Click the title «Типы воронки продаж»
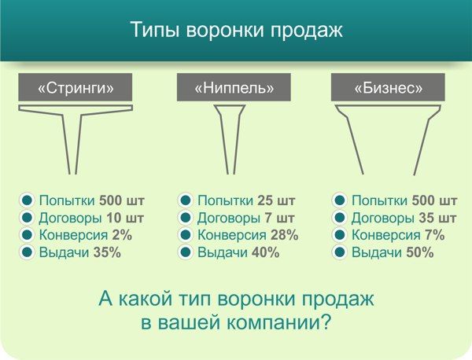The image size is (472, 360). (237, 30)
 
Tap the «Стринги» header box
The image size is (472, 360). (76, 87)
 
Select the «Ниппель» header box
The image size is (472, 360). (234, 87)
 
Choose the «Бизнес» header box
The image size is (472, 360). (388, 87)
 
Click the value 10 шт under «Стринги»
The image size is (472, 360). (125, 218)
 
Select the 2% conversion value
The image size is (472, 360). (122, 235)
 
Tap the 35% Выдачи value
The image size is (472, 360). (107, 252)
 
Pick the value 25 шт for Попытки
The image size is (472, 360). (276, 200)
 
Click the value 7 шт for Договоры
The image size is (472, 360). (279, 218)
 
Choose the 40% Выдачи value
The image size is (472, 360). (266, 252)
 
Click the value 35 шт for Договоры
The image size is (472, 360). (437, 218)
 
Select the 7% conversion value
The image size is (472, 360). (435, 235)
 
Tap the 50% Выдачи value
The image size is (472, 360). (420, 252)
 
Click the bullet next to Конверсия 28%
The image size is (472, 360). (185, 235)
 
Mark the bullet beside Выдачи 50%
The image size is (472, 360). (339, 252)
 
